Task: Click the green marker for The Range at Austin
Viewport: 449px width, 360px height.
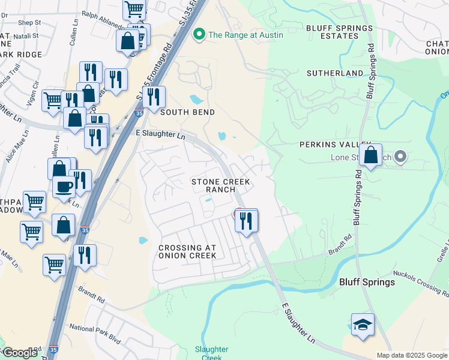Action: [x=199, y=35]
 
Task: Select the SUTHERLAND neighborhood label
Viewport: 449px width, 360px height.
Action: [x=335, y=73]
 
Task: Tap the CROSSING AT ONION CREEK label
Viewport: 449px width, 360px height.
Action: [x=187, y=251]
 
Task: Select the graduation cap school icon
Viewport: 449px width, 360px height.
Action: [x=363, y=325]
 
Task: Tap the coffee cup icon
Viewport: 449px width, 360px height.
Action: [x=64, y=187]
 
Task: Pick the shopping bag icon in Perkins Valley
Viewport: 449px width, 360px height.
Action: [x=372, y=155]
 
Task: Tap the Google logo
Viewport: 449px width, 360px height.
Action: [x=20, y=353]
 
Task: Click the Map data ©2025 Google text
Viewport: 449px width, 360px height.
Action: [x=411, y=355]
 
